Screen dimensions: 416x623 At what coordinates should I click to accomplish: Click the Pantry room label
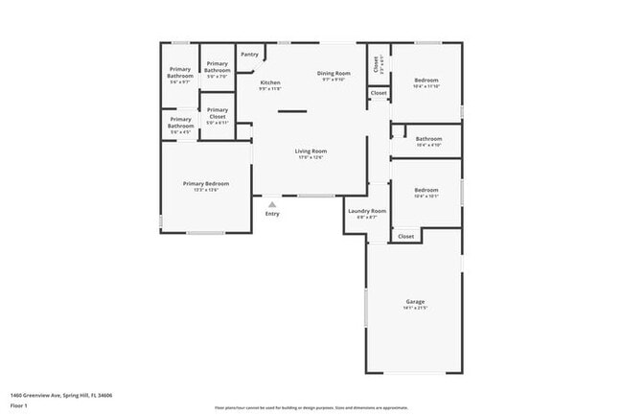pos(249,55)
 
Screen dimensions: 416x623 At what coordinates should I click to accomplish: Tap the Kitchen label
pos(270,83)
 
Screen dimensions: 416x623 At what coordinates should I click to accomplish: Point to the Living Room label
pos(311,151)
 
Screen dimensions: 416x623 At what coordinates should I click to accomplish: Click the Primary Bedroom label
pos(206,184)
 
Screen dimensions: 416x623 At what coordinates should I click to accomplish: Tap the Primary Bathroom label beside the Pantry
pos(218,67)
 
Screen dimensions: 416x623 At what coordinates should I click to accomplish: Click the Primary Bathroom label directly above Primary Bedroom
pos(180,123)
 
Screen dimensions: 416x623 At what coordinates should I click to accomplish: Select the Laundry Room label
pos(367,211)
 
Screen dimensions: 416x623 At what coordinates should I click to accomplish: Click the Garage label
pos(415,302)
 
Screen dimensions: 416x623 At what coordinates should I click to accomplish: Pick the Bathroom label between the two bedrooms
pos(428,139)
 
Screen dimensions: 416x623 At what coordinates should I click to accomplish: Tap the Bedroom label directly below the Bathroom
pos(426,190)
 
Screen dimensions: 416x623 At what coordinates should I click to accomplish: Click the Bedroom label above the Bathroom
pos(427,80)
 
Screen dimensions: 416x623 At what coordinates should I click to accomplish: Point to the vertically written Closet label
pos(376,64)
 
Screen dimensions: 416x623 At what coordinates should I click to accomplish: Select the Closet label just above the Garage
pos(405,236)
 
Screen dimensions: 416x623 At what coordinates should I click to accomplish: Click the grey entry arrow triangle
pos(272,204)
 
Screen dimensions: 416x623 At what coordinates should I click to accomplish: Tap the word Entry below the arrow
pos(272,213)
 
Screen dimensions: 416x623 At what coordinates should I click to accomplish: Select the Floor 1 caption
pos(19,405)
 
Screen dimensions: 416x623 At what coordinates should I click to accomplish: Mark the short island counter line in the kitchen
pos(292,112)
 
